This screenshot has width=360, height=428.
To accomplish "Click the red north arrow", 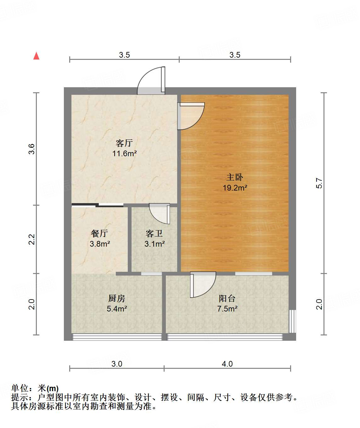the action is (36, 56).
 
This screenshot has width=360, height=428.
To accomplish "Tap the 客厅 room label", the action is (124, 143).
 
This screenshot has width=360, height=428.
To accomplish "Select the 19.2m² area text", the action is (235, 188).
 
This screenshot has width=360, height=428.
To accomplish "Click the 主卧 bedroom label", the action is (235, 177).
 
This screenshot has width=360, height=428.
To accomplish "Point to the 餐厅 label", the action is (99, 233).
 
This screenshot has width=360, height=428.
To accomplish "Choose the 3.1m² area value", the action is (155, 244).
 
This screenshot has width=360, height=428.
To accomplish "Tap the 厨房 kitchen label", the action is (116, 298).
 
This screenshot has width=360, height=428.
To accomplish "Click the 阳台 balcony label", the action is (227, 298).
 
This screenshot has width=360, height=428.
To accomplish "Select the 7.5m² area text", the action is (227, 309).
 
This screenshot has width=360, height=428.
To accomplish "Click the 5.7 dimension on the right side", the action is (319, 183).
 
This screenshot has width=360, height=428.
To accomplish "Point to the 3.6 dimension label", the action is (31, 149).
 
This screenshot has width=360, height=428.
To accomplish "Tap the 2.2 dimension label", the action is (31, 239).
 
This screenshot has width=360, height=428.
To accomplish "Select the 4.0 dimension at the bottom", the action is (227, 364).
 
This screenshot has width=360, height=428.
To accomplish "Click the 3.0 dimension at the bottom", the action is (117, 364).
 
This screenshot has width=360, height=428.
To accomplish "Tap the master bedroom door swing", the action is (191, 116).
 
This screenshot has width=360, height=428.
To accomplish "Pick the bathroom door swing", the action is (160, 214).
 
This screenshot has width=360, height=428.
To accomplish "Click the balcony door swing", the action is (203, 284).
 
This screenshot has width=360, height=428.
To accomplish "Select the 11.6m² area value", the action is (125, 153).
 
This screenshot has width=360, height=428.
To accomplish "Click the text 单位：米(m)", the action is (35, 388).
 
